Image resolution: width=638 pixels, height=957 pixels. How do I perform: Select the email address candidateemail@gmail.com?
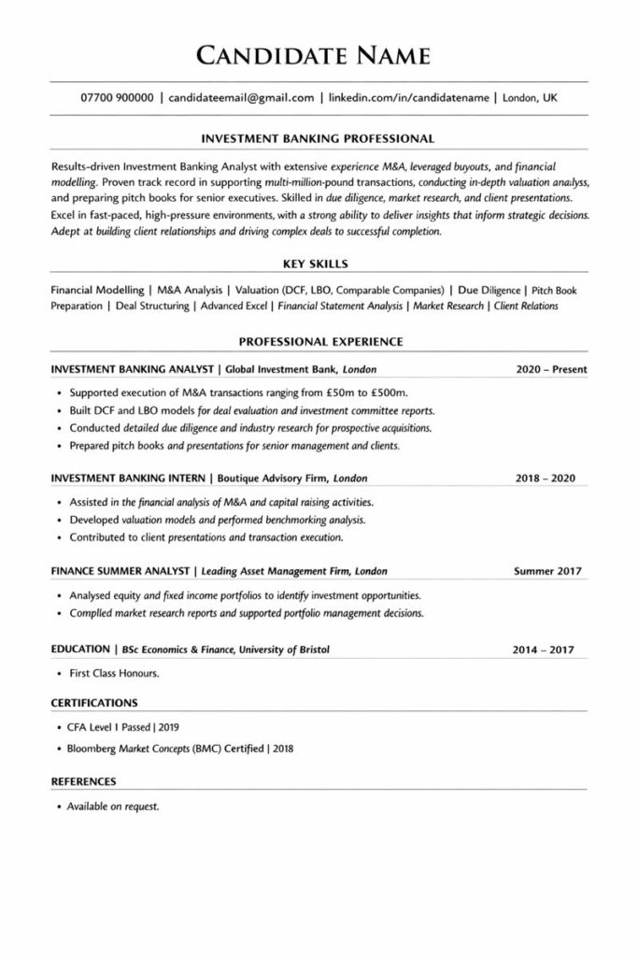pyautogui.click(x=241, y=97)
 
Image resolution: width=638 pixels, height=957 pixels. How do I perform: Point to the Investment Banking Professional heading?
pyautogui.click(x=319, y=138)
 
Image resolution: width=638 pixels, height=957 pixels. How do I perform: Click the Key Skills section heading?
pyautogui.click(x=319, y=264)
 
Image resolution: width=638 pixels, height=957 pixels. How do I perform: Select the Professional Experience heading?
pyautogui.click(x=319, y=342)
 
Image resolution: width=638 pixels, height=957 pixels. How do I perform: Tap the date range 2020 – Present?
pyautogui.click(x=551, y=369)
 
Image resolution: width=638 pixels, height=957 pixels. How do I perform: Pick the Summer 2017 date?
pyautogui.click(x=547, y=570)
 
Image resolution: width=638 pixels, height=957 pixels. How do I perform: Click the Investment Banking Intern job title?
pyautogui.click(x=130, y=478)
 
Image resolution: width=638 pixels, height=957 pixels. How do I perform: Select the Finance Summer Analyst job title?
pyautogui.click(x=119, y=570)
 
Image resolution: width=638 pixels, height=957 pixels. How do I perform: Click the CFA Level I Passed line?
pyautogui.click(x=123, y=726)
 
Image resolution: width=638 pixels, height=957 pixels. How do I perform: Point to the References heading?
pyautogui.click(x=83, y=780)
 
